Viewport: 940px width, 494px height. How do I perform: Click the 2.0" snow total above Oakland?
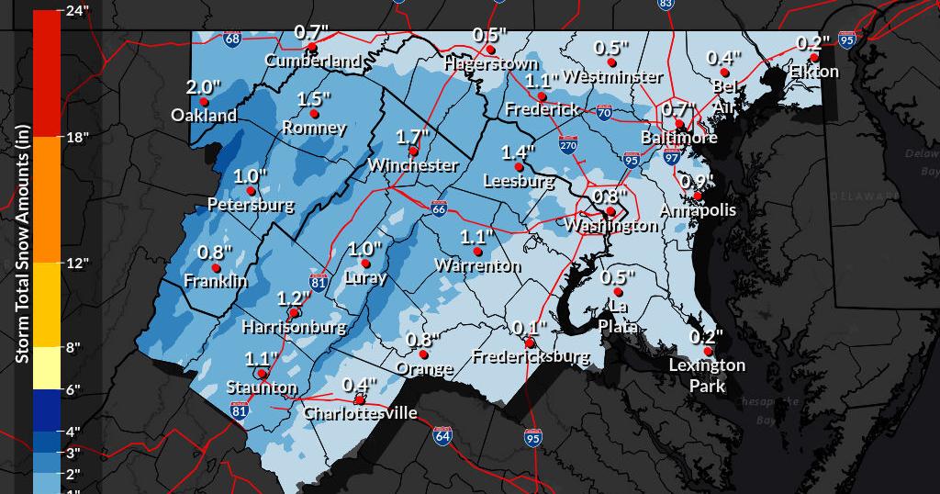coord(203,88)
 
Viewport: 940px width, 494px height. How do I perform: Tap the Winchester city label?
coord(413,165)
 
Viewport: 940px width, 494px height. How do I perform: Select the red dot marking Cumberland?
coord(312,46)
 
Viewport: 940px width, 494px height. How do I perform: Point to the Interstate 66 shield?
coord(440,208)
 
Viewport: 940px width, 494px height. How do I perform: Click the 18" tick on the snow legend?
coord(78,138)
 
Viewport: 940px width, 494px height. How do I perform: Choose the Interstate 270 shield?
coord(569,144)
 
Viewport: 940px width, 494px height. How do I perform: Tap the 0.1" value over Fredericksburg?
coord(530,328)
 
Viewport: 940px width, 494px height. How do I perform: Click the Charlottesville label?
coord(360,413)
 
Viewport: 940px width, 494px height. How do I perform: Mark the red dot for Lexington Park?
coord(708,351)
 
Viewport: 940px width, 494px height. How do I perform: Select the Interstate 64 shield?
coord(442,433)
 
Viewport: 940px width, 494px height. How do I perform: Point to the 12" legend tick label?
coord(78,264)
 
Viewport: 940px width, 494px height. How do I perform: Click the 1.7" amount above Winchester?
coord(412,137)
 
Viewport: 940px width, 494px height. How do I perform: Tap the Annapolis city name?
coord(698,210)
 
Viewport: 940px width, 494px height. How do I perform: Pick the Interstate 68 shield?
coord(233,39)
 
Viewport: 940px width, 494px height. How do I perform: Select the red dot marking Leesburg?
coord(520,167)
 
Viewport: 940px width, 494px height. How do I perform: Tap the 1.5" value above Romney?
coord(313,99)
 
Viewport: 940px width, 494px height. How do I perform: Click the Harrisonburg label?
coord(294,326)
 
